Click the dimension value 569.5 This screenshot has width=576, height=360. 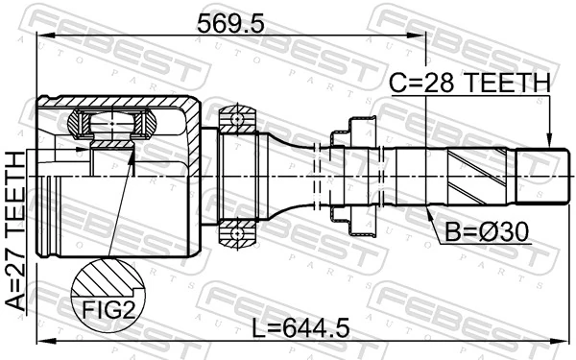click(x=230, y=21)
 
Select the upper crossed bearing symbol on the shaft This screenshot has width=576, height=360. click(x=233, y=123)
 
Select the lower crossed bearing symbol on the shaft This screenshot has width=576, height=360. click(x=233, y=232)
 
